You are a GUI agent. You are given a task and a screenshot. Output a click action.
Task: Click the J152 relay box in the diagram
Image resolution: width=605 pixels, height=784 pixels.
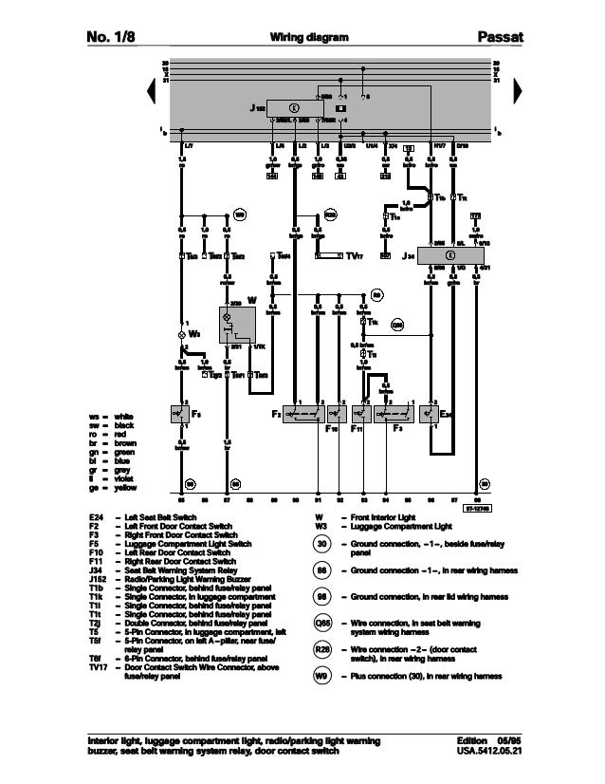pyautogui.click(x=293, y=107)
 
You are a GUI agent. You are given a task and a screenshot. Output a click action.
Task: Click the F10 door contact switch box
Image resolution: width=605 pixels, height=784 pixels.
pyautogui.click(x=337, y=415)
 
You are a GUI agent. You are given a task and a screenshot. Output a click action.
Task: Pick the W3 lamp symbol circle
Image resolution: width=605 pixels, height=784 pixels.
pyautogui.click(x=183, y=335)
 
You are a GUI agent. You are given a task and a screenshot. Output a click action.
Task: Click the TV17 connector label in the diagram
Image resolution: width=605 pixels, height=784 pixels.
pyautogui.click(x=354, y=255)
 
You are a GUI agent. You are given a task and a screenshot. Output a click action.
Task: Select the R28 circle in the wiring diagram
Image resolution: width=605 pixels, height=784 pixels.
pyautogui.click(x=330, y=215)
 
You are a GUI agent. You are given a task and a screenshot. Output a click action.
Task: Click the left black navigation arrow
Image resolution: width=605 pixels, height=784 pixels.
pyautogui.click(x=153, y=90)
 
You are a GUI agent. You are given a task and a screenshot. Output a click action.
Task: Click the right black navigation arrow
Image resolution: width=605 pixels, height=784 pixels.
pyautogui.click(x=518, y=90)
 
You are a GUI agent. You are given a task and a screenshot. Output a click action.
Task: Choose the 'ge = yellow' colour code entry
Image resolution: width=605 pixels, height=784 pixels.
pyautogui.click(x=113, y=487)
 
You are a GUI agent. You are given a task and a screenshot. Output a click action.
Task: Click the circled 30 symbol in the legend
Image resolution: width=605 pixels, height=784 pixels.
pyautogui.click(x=323, y=543)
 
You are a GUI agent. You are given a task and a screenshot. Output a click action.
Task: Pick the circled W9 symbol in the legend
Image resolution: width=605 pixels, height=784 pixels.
pyautogui.click(x=323, y=676)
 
